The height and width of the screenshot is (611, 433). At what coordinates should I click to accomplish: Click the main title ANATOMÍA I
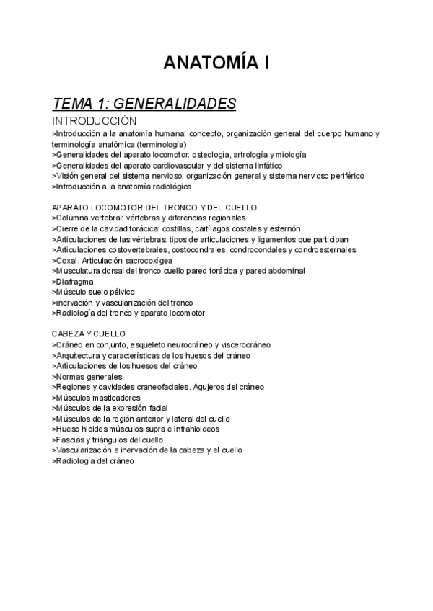(x=216, y=64)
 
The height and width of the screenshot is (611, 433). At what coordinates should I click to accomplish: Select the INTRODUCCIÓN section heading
(x=95, y=121)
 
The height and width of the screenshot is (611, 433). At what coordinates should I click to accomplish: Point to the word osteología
(x=214, y=154)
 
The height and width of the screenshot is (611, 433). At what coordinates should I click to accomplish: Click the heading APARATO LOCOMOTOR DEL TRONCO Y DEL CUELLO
(x=154, y=208)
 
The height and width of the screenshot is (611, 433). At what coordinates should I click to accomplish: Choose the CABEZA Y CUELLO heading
(x=89, y=334)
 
